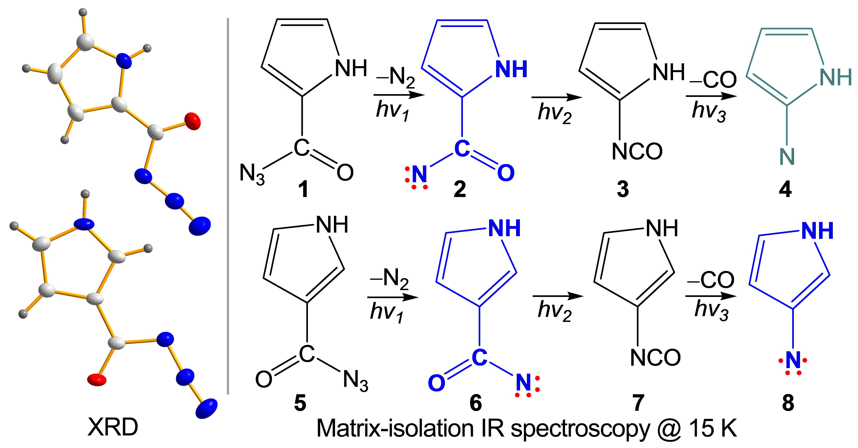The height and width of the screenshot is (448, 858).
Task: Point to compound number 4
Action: coord(785,190)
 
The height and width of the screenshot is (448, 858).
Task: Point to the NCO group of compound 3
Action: coord(637,151)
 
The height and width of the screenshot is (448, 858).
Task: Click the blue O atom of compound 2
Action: coord(506,173)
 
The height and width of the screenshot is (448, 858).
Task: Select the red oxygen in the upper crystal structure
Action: coord(193,121)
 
